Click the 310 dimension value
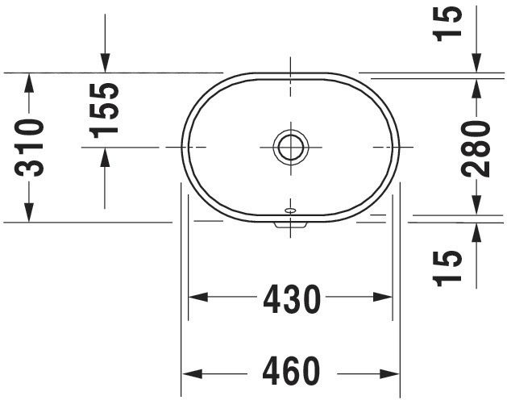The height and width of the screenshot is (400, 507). coord(30,147)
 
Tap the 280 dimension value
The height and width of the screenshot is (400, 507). coord(477,148)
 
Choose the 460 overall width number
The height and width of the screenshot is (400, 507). coord(291,373)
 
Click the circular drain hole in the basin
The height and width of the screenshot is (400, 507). coord(290,147)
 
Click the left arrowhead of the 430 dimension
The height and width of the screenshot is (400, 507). coord(198,298)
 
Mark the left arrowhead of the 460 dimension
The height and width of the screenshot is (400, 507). coord(189,373)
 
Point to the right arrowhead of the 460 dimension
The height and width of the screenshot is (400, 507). coord(392,373)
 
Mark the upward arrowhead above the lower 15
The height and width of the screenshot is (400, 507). coord(477,232)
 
